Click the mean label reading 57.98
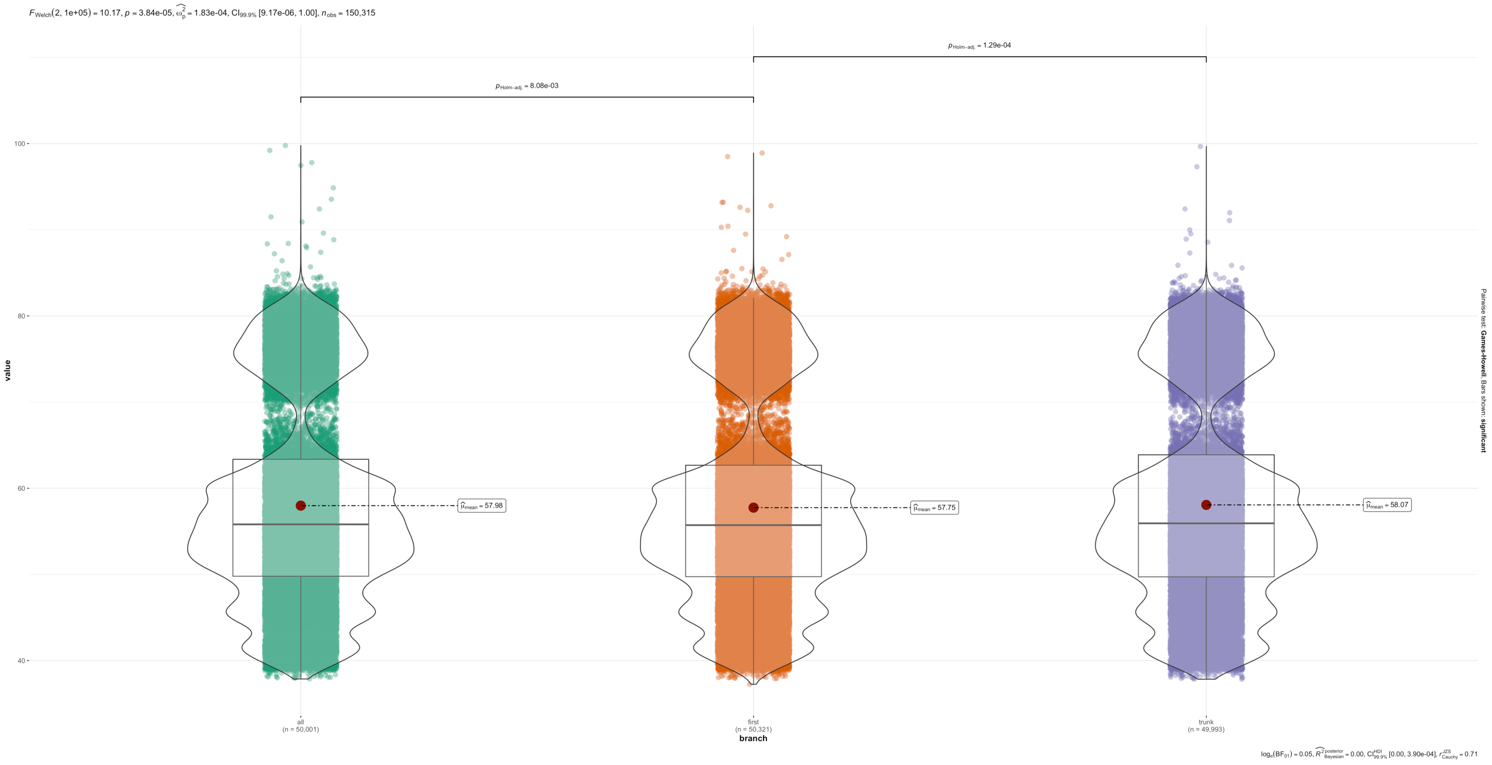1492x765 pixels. [x=481, y=506]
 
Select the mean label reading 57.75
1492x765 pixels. [x=934, y=508]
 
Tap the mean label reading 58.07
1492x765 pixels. [x=1387, y=505]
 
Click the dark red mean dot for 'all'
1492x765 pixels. [x=300, y=506]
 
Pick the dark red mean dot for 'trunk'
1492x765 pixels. [x=1207, y=505]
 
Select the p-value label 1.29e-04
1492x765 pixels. [x=980, y=46]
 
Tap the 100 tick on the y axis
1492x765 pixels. [x=21, y=143]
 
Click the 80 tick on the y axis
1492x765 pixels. [x=23, y=316]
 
